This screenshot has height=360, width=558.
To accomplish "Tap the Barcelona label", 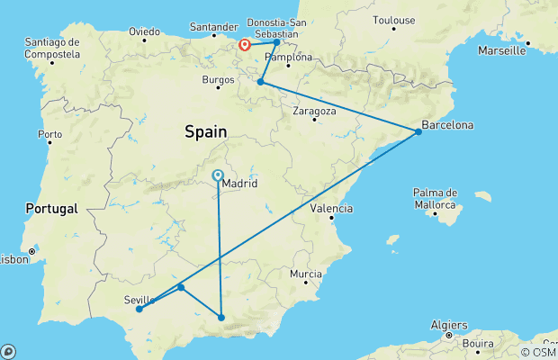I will pyautogui.click(x=449, y=124).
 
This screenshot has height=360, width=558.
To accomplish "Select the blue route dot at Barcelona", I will pyautogui.click(x=418, y=132).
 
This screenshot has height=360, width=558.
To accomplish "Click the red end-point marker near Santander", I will pyautogui.click(x=244, y=43).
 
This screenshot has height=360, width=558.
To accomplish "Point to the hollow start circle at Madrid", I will pyautogui.click(x=218, y=175).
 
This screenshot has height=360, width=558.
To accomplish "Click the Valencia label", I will pyautogui.click(x=331, y=208).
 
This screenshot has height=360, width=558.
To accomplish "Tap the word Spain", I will pyautogui.click(x=206, y=131).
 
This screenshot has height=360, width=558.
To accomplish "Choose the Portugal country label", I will pyautogui.click(x=52, y=208).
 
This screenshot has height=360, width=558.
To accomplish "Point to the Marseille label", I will pyautogui.click(x=502, y=50).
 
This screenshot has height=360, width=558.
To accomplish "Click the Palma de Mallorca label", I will pyautogui.click(x=436, y=198).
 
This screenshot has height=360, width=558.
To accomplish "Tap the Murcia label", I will pyautogui.click(x=306, y=273).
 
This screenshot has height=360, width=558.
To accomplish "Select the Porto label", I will pyautogui.click(x=49, y=134).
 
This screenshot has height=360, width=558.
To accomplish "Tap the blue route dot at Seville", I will pyautogui.click(x=139, y=310).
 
